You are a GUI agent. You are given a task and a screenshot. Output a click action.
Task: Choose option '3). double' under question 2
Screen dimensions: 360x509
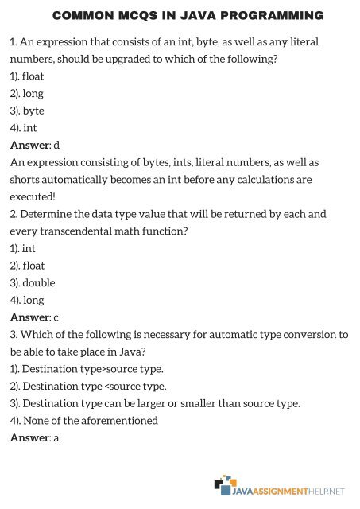(x=33, y=282)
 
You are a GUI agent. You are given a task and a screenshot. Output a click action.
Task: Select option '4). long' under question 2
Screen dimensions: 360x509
(x=28, y=300)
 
